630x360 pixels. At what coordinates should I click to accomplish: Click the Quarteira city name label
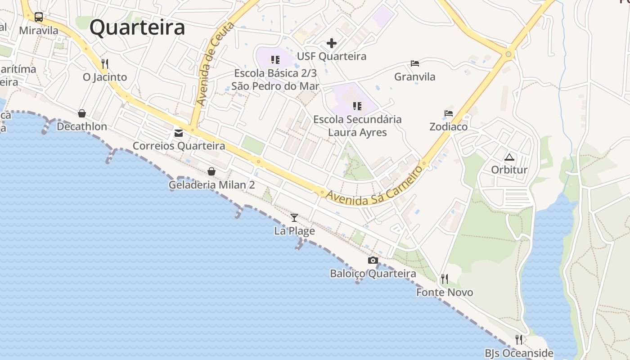point(137,27)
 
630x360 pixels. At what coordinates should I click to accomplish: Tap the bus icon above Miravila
point(39,18)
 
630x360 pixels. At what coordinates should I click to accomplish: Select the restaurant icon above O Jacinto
point(105,64)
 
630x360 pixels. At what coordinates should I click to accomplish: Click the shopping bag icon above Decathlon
point(82,113)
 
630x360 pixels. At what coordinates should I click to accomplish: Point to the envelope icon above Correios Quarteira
point(179,133)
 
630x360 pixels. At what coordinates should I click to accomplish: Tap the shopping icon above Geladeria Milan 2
point(211,171)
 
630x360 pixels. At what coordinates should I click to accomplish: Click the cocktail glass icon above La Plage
point(294,218)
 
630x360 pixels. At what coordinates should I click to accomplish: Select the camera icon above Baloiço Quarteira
point(373,260)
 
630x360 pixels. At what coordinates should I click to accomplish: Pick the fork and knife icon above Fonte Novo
point(445,279)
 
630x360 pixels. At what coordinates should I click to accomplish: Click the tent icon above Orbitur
point(509,157)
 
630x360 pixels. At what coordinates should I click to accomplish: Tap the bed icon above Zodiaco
point(448,113)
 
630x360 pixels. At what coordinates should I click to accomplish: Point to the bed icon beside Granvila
point(415,63)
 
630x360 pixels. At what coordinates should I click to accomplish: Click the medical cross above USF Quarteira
point(332,43)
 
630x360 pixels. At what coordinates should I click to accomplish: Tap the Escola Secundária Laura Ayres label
point(357,126)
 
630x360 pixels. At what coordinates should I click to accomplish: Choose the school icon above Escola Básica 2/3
point(275,60)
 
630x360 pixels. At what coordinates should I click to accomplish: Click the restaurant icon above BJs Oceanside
point(519,339)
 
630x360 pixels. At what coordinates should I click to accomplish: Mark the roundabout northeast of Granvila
point(508,54)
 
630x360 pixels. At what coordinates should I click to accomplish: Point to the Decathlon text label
point(82,127)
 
